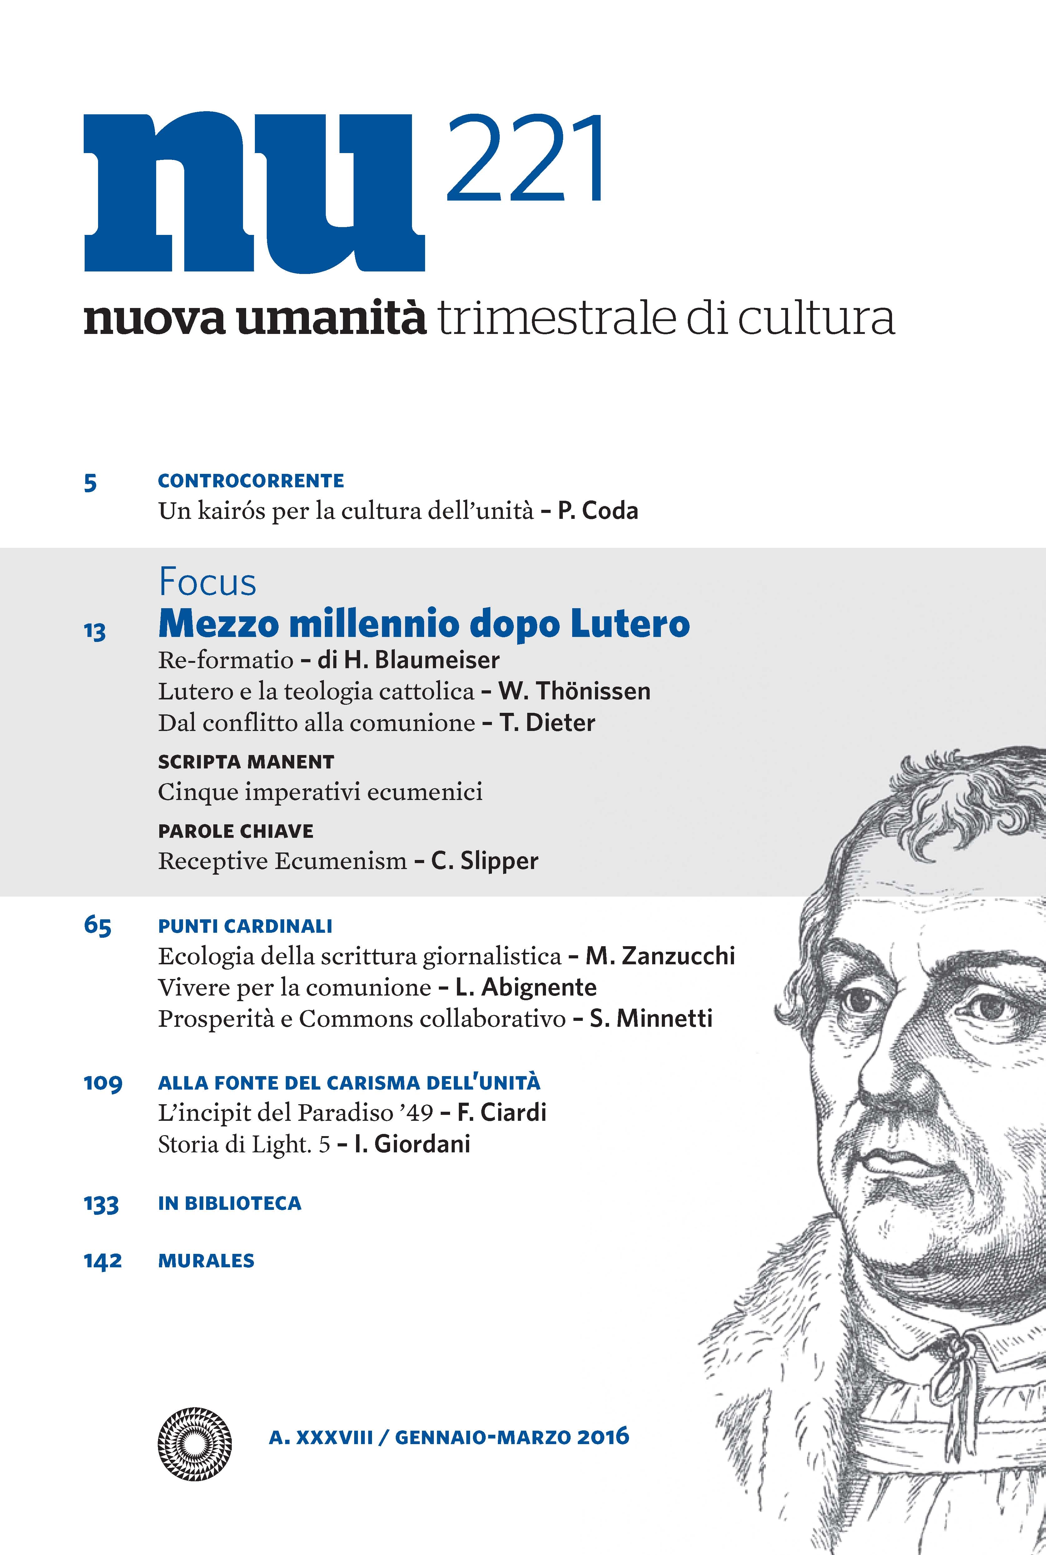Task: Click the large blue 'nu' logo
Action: [x=254, y=193]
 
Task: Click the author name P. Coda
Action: [x=598, y=511]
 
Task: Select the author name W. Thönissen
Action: [x=574, y=691]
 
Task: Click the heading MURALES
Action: [x=206, y=1260]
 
